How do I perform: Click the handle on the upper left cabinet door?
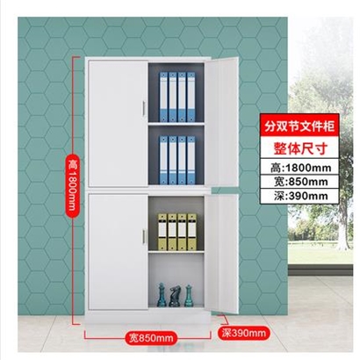click(x=144, y=109)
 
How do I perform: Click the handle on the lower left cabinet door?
click(x=144, y=236)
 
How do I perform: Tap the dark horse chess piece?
click(x=175, y=296)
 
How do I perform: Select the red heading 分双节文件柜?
click(x=299, y=127)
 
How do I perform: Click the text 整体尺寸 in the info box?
click(x=299, y=148)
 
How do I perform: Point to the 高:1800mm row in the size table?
click(x=300, y=168)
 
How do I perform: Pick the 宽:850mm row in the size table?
click(x=300, y=182)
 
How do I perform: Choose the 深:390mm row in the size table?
click(x=300, y=196)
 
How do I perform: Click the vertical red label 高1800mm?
click(x=72, y=184)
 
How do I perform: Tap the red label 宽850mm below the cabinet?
click(x=151, y=338)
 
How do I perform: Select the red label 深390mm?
click(x=243, y=333)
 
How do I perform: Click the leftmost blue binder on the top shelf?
click(x=163, y=97)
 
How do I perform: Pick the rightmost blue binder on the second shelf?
click(x=191, y=160)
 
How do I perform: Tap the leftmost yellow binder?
click(x=162, y=232)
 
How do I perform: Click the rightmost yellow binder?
click(x=192, y=232)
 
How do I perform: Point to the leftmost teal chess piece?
click(x=162, y=295)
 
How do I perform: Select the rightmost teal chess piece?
click(x=188, y=296)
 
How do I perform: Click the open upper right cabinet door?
click(x=221, y=122)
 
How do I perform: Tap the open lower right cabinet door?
click(x=221, y=254)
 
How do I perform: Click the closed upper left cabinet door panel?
click(x=118, y=123)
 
